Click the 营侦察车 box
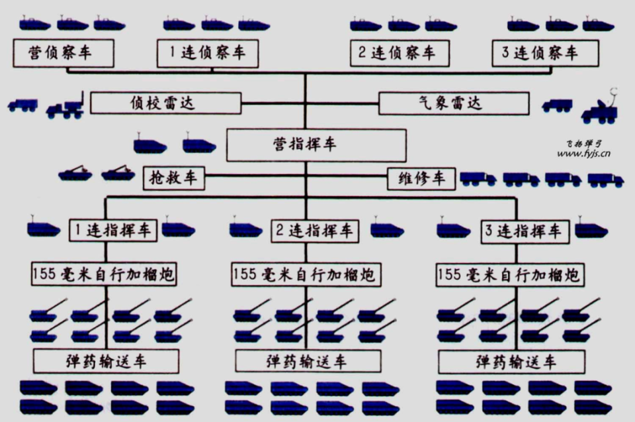click(63, 53)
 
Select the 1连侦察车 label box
click(208, 53)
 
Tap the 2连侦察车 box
click(400, 53)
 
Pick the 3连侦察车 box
click(545, 53)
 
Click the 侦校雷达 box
click(166, 103)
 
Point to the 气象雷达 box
click(454, 103)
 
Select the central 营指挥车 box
click(316, 145)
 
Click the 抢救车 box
click(174, 178)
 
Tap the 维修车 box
click(421, 179)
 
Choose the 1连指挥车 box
click(113, 231)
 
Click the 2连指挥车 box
click(315, 231)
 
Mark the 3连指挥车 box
click(525, 232)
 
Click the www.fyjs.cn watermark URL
click(583, 154)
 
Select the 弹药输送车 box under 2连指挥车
click(308, 361)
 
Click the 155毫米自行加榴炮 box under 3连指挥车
click(510, 275)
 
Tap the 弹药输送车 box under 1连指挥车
click(106, 361)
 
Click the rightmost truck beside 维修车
click(605, 180)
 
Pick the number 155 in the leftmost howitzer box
click(44, 274)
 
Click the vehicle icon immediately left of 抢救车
click(118, 174)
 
